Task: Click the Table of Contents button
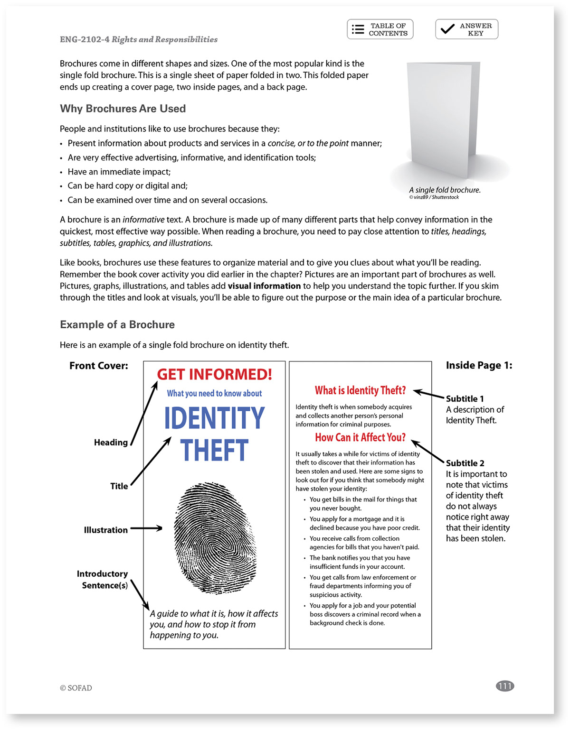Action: pos(380,29)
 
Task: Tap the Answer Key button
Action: pos(466,29)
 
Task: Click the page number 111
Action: pos(504,686)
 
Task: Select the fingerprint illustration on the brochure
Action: pos(215,538)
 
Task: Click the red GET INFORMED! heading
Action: pos(214,375)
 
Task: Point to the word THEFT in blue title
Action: pos(214,450)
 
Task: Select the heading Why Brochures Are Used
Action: pos(123,109)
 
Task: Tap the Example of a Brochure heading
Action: pos(117,324)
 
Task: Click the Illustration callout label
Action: pos(105,530)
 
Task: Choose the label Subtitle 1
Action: pos(465,398)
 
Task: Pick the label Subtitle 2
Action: pos(465,463)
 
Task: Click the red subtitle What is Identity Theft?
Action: pos(360,390)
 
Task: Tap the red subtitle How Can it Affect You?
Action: pos(360,437)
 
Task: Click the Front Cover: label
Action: pos(99,366)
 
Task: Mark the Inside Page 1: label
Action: pos(479,365)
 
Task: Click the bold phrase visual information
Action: pos(264,286)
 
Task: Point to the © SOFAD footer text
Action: pos(76,688)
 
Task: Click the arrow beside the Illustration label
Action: pos(146,528)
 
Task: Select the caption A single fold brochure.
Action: pos(445,190)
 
